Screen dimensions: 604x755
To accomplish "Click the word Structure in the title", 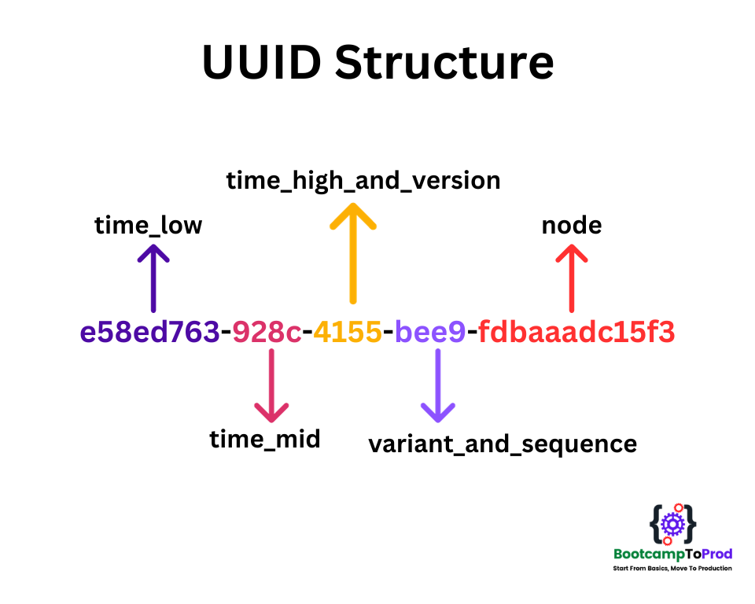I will click(x=444, y=63).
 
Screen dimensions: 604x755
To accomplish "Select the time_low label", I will click(x=149, y=226).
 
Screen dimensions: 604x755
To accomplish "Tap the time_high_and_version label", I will click(x=363, y=181).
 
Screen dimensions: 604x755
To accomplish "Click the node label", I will click(x=572, y=226).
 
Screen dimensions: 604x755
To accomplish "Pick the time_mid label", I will click(x=265, y=439).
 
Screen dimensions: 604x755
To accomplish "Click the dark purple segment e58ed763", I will click(x=149, y=333).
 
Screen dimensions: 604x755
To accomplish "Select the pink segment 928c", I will click(x=267, y=333).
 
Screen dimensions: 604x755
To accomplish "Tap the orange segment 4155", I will click(x=348, y=333).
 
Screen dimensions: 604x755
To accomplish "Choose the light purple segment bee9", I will click(x=430, y=333).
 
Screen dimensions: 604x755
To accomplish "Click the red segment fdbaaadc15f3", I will click(x=576, y=333).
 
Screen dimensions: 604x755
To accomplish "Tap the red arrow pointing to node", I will click(x=572, y=277).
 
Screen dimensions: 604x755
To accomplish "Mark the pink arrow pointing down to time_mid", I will click(x=271, y=385).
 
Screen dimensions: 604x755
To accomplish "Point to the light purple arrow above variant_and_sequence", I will click(x=437, y=385).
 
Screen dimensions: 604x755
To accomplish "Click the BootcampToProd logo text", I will click(x=672, y=554).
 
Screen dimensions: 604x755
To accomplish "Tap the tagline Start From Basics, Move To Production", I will click(x=672, y=568).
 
